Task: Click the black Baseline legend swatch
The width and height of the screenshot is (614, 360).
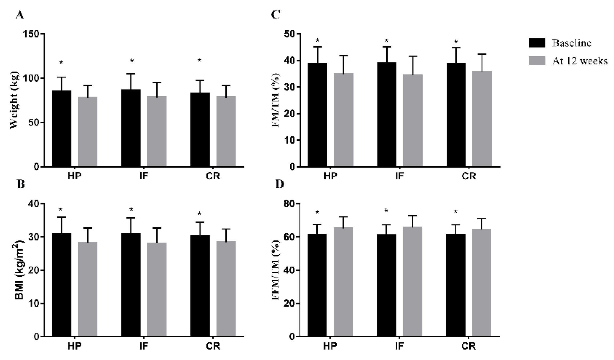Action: point(537,43)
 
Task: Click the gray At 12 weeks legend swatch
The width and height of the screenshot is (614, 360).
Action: point(537,61)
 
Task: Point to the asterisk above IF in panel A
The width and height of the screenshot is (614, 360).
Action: point(132,61)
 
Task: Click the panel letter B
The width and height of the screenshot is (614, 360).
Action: point(21,184)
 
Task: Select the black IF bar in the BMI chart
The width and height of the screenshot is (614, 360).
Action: point(131,284)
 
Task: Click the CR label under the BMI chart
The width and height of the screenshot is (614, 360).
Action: point(213,346)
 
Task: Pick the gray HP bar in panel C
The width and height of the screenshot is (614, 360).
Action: point(343,120)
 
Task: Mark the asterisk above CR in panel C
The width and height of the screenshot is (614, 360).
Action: point(456,42)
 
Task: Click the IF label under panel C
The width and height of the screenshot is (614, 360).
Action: point(399,176)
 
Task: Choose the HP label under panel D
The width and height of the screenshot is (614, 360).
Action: point(330,346)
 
